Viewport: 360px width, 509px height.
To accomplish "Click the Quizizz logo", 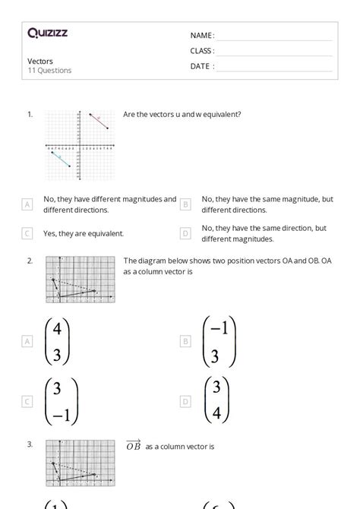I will [x=47, y=33].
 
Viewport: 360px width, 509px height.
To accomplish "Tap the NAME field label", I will [x=201, y=36].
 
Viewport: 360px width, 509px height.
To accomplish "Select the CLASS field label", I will [x=202, y=51].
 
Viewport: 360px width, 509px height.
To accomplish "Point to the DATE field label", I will [x=201, y=66].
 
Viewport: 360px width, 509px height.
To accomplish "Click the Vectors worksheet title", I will [x=40, y=61].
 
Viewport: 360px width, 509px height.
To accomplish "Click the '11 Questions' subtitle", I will [x=49, y=71].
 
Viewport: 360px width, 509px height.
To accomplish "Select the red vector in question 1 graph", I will [x=99, y=122].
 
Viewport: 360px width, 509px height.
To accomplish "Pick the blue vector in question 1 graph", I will [x=61, y=159].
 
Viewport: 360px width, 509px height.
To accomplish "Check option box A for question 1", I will [x=27, y=204].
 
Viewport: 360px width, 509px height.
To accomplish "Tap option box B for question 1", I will [x=185, y=204].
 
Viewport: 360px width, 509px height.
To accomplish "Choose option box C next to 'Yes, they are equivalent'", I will [x=27, y=233].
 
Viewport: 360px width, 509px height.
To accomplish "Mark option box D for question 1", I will [x=185, y=233].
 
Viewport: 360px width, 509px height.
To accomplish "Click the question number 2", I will [x=30, y=261].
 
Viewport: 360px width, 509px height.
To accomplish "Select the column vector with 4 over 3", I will [x=57, y=341].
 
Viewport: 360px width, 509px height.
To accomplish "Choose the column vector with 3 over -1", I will [x=61, y=401].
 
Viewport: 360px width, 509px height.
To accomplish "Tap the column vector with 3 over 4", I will [x=216, y=401].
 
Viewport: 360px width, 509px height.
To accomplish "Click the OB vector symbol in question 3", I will [x=133, y=446].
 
